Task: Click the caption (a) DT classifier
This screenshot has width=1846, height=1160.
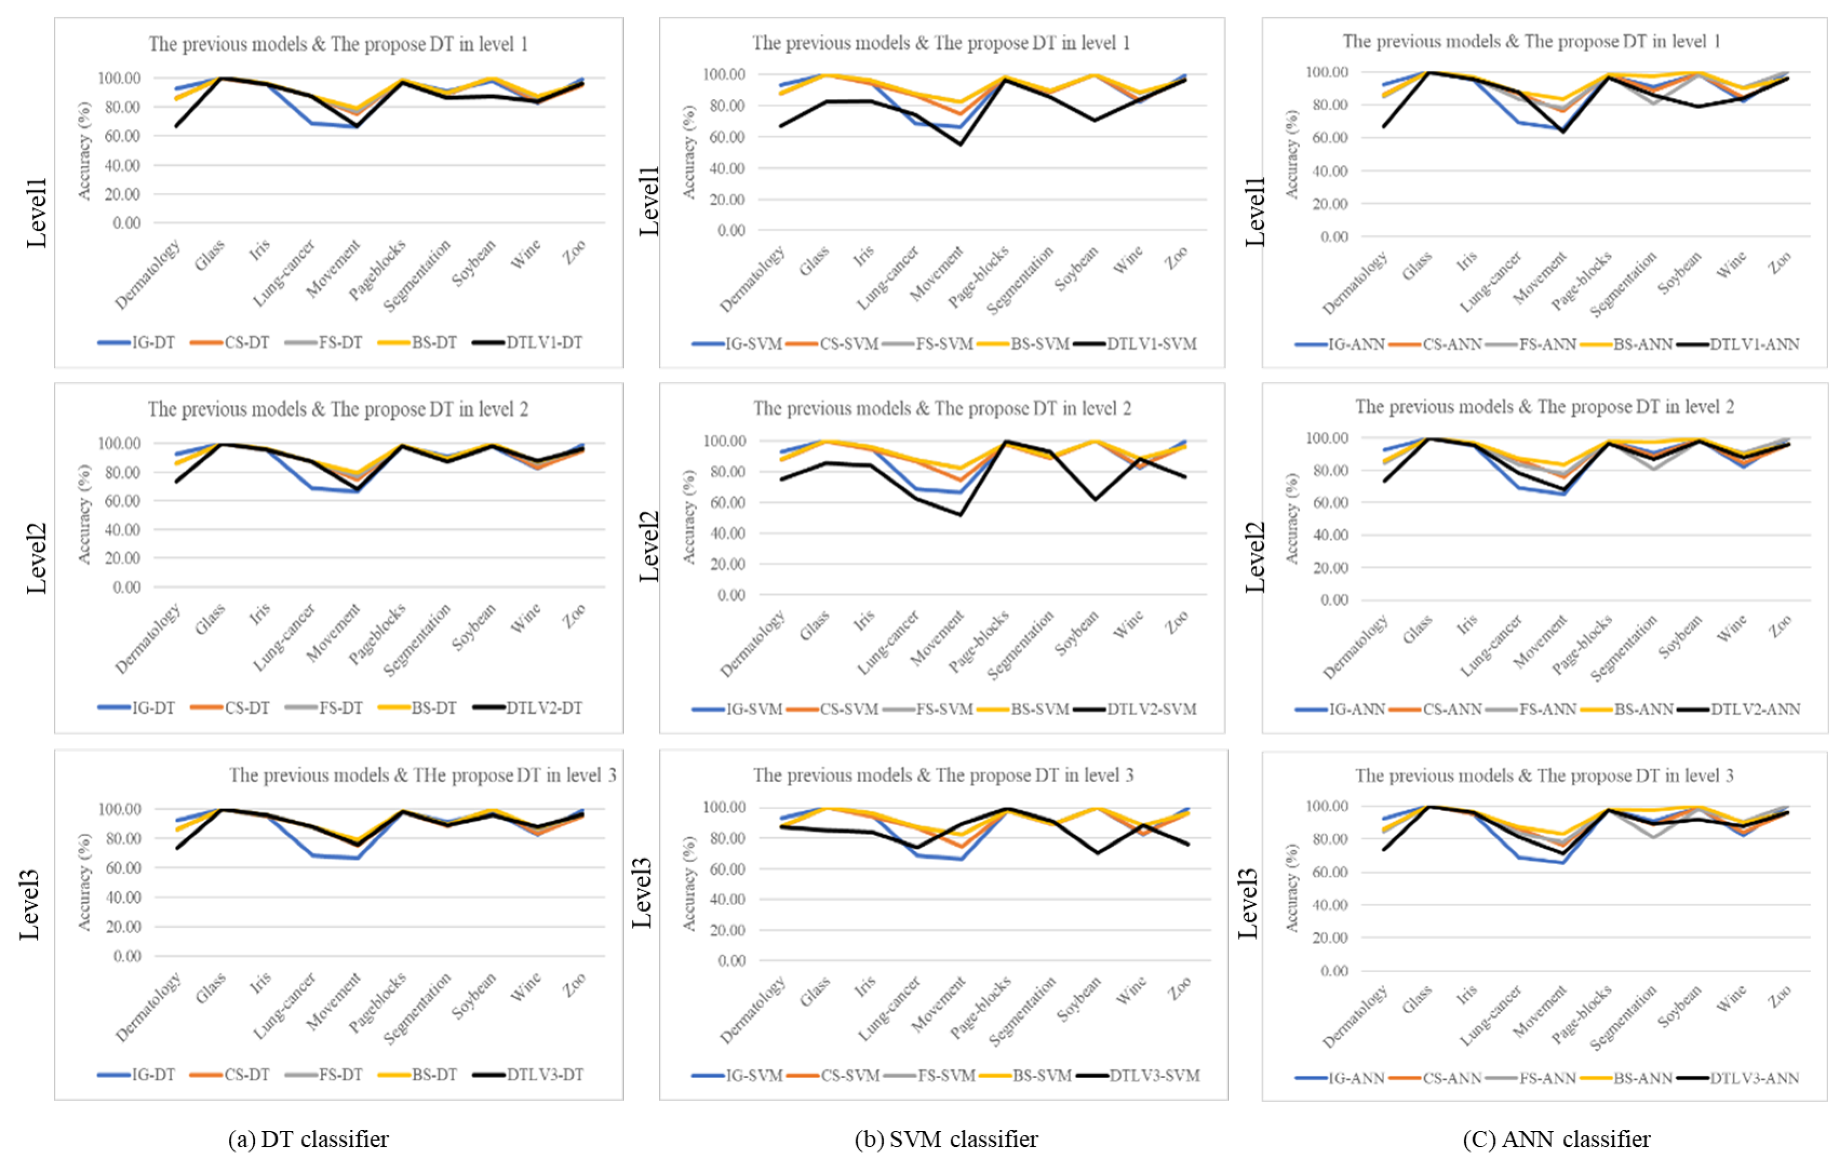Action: [308, 1139]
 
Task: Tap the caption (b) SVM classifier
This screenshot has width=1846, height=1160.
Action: [946, 1139]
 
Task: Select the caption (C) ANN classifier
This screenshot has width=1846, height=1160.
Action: [1556, 1139]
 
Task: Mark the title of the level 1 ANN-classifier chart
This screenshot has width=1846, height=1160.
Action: [1531, 42]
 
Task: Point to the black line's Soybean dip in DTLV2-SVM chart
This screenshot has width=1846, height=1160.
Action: [1095, 499]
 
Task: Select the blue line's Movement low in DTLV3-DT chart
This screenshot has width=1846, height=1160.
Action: [357, 858]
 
